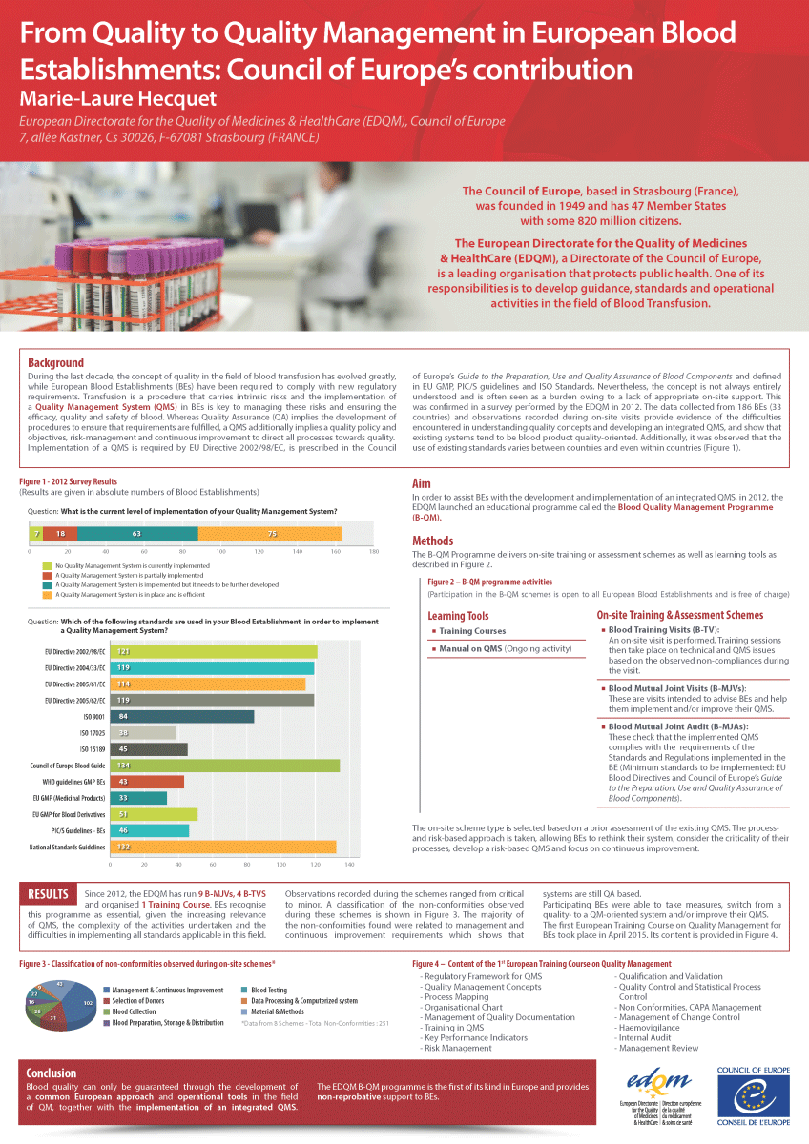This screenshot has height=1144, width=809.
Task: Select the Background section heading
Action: click(55, 362)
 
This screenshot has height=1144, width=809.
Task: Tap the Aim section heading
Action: click(421, 483)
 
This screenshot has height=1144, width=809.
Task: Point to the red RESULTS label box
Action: click(48, 894)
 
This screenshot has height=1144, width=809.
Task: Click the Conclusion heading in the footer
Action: click(52, 1072)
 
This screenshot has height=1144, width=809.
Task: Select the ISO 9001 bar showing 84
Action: click(182, 716)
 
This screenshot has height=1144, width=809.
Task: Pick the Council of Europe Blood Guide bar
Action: click(225, 766)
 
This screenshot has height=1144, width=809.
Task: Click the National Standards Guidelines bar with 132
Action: click(223, 847)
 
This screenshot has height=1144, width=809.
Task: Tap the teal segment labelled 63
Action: click(138, 534)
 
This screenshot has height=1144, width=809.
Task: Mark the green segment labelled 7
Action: click(35, 534)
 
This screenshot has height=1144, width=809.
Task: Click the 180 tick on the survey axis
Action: click(374, 552)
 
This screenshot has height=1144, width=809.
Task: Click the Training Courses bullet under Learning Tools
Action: click(472, 631)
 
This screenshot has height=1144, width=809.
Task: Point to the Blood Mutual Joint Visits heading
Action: click(677, 687)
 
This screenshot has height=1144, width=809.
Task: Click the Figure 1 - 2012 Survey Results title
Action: click(68, 481)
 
